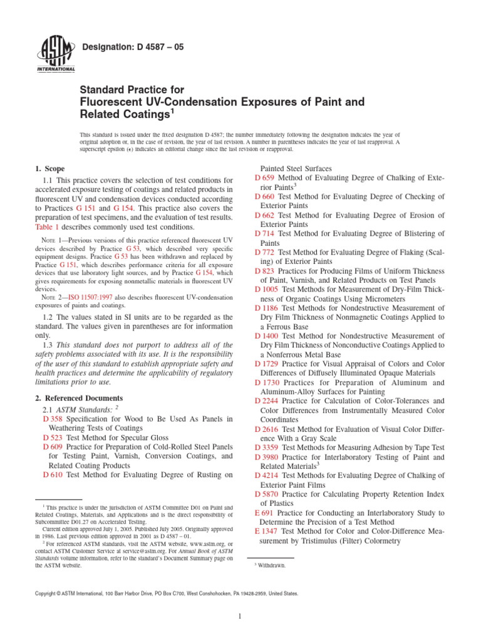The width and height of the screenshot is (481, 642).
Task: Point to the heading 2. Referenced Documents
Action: point(78,398)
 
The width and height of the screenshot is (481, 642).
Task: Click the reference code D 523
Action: point(53,437)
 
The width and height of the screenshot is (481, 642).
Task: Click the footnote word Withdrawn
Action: point(271,566)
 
